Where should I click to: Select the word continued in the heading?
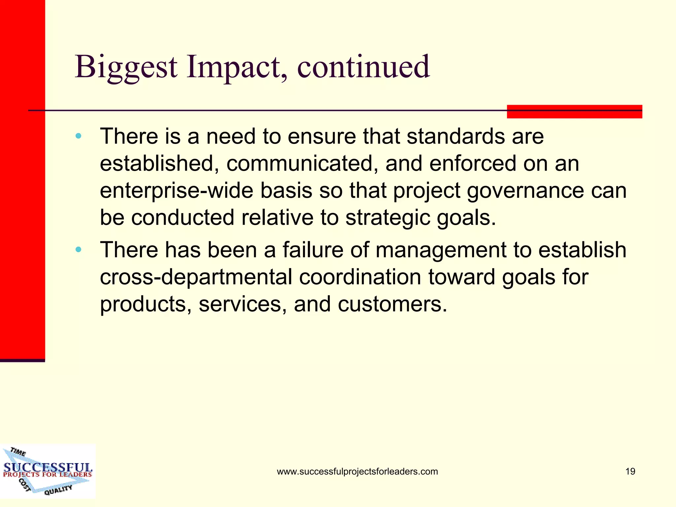(363, 67)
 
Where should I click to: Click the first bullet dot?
(78, 136)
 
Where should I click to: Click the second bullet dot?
(78, 250)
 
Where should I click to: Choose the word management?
(440, 250)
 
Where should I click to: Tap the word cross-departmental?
(196, 277)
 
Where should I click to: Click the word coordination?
(360, 277)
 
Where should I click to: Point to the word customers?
(392, 304)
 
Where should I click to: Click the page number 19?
(630, 471)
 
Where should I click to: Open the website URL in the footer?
(357, 471)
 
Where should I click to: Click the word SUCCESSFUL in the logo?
(48, 467)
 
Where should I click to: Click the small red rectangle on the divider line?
(574, 112)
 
